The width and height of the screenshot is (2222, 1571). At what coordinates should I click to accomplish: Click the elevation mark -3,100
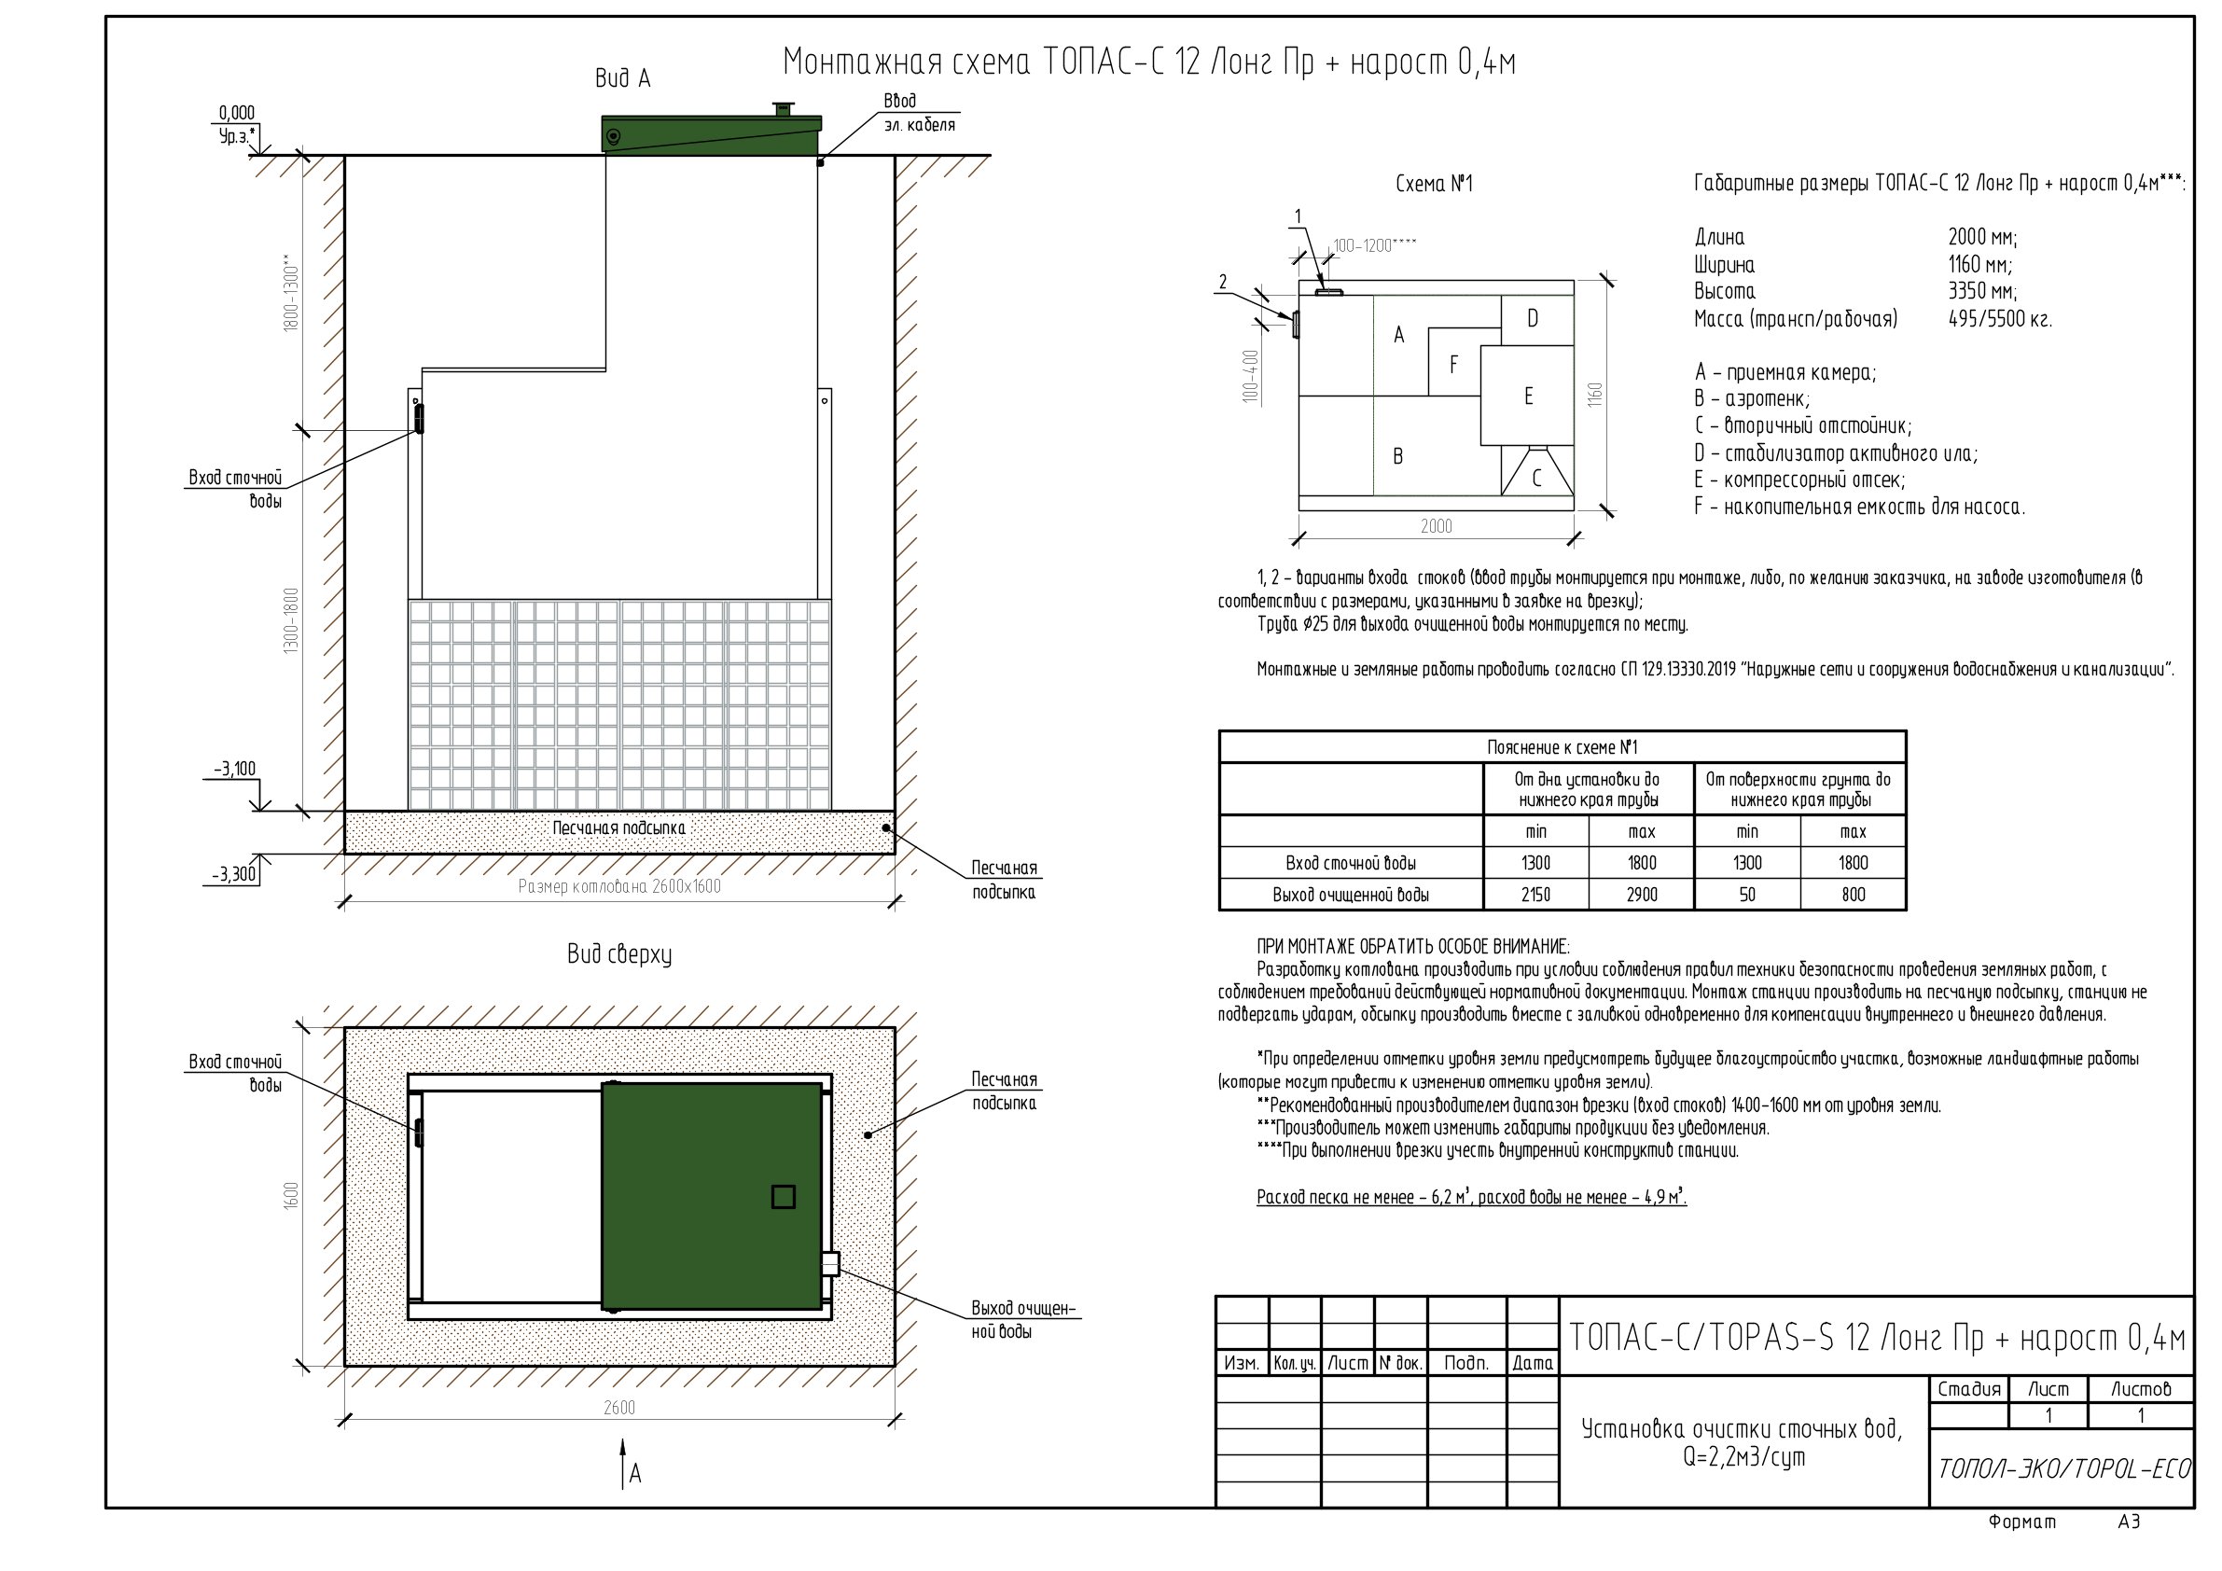coord(235,770)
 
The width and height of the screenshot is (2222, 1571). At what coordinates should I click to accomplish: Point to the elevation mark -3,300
coord(235,874)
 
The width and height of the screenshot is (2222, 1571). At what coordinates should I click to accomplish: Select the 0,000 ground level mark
coord(237,113)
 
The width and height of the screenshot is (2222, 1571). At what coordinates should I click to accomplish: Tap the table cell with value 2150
coord(1535,895)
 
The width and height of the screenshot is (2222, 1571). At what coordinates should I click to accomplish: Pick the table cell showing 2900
coord(1642,895)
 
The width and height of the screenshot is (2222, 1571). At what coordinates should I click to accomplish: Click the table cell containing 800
coord(1854,895)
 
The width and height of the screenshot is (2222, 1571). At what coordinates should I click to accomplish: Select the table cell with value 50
coord(1747,895)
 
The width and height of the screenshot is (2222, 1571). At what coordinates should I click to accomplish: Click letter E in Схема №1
coord(1529,396)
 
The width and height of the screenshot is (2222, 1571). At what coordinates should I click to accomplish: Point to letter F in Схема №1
coord(1453,365)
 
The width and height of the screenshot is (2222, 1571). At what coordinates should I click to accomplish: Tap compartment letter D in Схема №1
coord(1533,318)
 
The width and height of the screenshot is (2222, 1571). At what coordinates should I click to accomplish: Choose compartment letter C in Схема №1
coord(1536,479)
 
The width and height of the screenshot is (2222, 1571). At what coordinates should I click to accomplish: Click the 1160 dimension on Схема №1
coord(1596,395)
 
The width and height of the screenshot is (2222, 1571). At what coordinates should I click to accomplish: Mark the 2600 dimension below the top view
coord(619,1408)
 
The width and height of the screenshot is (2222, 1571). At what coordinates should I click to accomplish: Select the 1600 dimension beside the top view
coord(292,1195)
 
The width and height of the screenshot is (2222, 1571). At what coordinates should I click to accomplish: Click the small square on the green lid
coord(783,1197)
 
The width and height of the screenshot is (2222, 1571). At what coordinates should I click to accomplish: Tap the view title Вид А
coord(622,78)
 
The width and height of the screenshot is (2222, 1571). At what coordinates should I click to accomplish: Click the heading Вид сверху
coord(619,954)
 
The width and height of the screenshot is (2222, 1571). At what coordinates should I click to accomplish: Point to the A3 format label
coord(2129,1522)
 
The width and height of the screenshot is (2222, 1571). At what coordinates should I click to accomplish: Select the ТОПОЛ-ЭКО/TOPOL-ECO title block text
coord(2062,1469)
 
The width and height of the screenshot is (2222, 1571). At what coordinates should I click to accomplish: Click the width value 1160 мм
coord(1980,264)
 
